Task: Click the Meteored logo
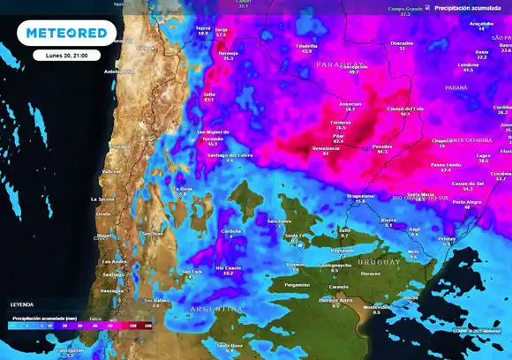[x=67, y=33]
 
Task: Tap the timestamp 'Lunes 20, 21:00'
[x=67, y=55]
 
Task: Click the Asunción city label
[x=350, y=103]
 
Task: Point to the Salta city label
[x=209, y=94]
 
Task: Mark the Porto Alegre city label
[x=466, y=201]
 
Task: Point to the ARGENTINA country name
[x=215, y=309]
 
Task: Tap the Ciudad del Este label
[x=405, y=109]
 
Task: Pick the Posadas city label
[x=381, y=146]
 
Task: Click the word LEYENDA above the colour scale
[x=24, y=304]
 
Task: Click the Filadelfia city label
[x=306, y=45]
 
